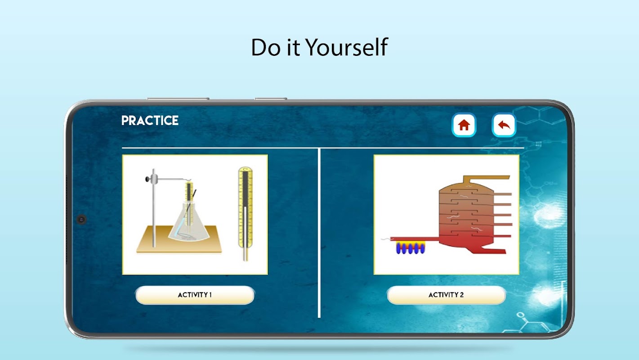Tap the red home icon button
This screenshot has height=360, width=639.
coord(464,125)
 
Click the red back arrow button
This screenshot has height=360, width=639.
coord(504,125)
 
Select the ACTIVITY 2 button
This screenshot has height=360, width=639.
coord(446,295)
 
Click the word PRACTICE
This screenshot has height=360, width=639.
coord(150,121)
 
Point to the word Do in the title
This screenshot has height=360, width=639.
coord(266,47)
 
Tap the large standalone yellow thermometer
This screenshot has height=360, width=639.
coord(246,213)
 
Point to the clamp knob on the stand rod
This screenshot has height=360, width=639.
coord(147,179)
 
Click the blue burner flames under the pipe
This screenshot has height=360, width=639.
coord(411,248)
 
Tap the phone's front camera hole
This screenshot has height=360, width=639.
coord(81,219)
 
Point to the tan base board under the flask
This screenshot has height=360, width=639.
coord(179,240)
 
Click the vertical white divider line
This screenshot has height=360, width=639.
coord(319,233)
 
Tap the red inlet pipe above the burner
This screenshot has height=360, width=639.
coord(415,239)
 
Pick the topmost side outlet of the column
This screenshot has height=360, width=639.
coord(502,194)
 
